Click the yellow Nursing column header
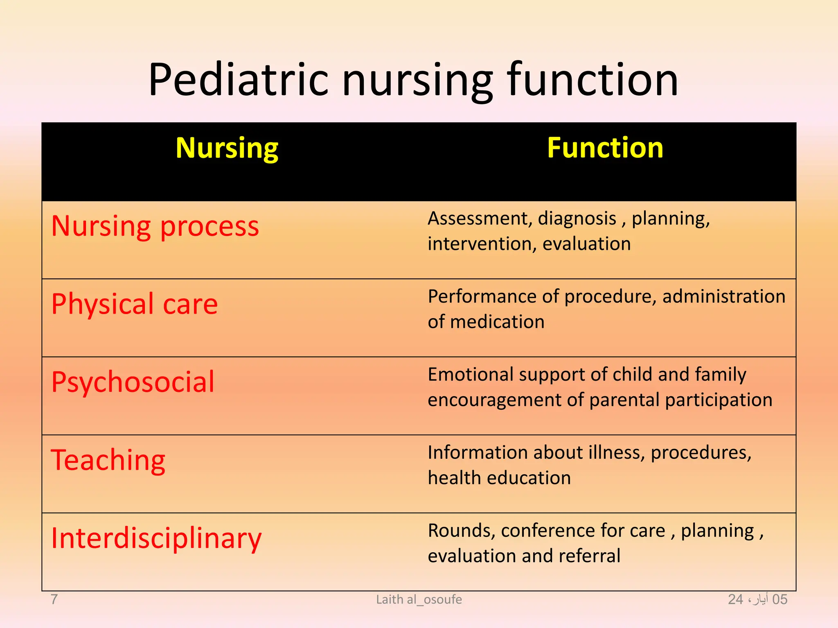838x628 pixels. [x=227, y=148]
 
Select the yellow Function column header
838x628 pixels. [x=605, y=148]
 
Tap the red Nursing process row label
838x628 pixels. [x=155, y=226]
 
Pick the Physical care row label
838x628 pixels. [x=135, y=304]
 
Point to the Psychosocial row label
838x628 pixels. [x=133, y=382]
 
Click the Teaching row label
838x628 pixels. [x=108, y=460]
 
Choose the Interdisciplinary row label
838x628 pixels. [x=156, y=538]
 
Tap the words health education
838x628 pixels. [x=499, y=478]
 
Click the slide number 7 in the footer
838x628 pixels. [x=54, y=599]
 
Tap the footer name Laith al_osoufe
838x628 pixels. [x=419, y=599]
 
